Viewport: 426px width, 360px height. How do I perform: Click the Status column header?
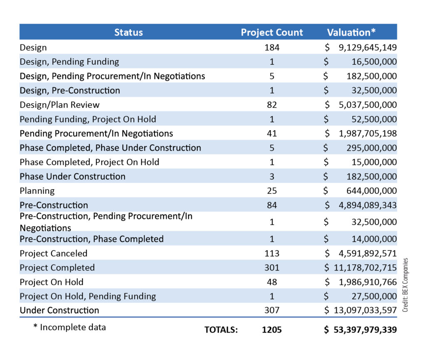pyautogui.click(x=129, y=32)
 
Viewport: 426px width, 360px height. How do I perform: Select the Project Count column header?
pyautogui.click(x=272, y=32)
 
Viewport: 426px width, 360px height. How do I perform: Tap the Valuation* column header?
pyautogui.click(x=351, y=32)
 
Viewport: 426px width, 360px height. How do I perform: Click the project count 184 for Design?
pyautogui.click(x=272, y=47)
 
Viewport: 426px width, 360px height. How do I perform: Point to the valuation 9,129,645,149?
pyautogui.click(x=368, y=47)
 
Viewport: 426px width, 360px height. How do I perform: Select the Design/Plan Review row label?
pyautogui.click(x=59, y=105)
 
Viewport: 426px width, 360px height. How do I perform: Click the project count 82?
pyautogui.click(x=272, y=105)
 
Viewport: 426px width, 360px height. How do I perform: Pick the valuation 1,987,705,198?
pyautogui.click(x=368, y=133)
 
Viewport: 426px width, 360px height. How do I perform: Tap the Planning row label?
pyautogui.click(x=37, y=191)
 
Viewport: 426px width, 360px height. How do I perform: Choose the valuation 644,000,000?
pyautogui.click(x=372, y=190)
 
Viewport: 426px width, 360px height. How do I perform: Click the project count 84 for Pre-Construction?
pyautogui.click(x=272, y=205)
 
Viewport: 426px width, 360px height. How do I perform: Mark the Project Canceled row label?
pyautogui.click(x=54, y=253)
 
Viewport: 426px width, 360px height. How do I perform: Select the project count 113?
pyautogui.click(x=272, y=253)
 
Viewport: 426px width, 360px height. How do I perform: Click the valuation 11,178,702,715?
pyautogui.click(x=365, y=267)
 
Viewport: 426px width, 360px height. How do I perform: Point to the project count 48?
pyautogui.click(x=272, y=282)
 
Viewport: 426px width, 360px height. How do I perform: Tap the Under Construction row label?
pyautogui.click(x=59, y=310)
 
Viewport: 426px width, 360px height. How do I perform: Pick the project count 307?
pyautogui.click(x=272, y=310)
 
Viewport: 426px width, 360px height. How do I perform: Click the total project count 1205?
pyautogui.click(x=272, y=330)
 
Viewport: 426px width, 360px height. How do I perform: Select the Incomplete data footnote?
pyautogui.click(x=69, y=327)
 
